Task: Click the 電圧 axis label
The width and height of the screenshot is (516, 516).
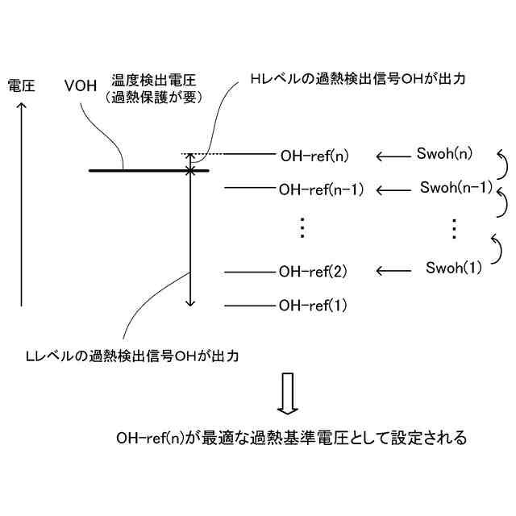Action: coord(21,85)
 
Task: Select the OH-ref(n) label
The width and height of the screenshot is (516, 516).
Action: coord(316,155)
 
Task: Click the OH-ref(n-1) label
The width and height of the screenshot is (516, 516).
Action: coord(322,190)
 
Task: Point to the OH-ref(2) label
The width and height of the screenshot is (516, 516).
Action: coord(313,271)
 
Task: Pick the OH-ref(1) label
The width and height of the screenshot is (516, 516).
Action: coord(313,306)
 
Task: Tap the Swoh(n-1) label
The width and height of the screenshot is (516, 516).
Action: coord(456,188)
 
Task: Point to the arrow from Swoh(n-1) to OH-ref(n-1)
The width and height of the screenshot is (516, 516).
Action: coord(393,190)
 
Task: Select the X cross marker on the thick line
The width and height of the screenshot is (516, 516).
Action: coord(190,171)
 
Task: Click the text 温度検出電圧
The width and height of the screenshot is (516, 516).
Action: coord(155,82)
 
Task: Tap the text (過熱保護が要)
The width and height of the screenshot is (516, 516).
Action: coord(155,98)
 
